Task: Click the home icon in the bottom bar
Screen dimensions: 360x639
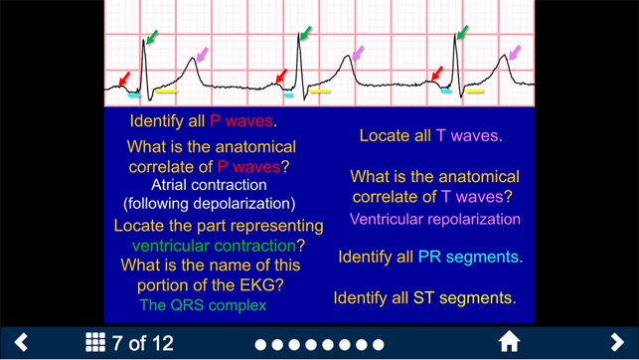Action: click(509, 343)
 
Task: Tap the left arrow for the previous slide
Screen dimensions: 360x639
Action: click(21, 343)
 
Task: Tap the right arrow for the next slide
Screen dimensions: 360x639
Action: click(617, 343)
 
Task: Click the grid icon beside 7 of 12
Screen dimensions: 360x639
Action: click(95, 343)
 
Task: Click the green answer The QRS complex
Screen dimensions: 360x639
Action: click(203, 305)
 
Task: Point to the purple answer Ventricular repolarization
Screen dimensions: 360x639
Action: click(435, 219)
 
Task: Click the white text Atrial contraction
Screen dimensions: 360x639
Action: click(209, 185)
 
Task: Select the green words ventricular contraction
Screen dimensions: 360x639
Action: click(214, 245)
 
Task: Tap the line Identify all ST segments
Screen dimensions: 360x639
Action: click(424, 297)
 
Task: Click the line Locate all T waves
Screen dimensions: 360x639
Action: click(430, 135)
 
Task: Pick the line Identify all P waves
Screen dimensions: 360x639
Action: click(203, 121)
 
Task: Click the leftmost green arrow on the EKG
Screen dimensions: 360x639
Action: click(151, 38)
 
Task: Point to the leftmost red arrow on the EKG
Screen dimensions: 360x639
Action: click(123, 78)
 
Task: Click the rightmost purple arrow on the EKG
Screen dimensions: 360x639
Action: click(513, 51)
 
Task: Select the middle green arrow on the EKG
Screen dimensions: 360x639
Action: click(304, 35)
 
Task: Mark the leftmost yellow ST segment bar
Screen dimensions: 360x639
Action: click(166, 92)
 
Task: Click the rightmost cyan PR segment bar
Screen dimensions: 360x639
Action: click(446, 91)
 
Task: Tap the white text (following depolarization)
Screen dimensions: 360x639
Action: click(209, 204)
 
